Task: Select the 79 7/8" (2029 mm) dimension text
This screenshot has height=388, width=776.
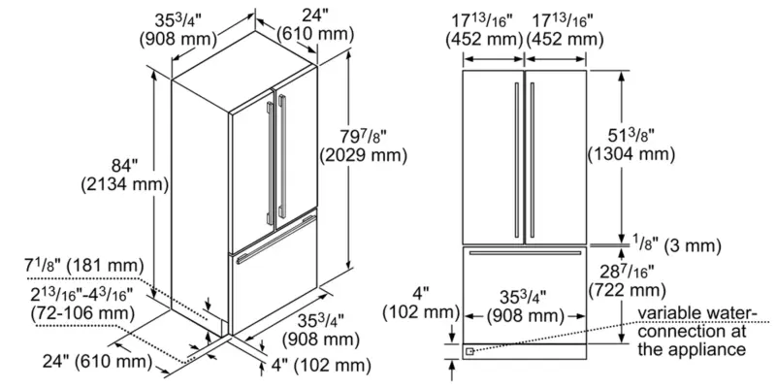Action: click(361, 144)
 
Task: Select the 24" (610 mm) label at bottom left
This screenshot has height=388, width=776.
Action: click(86, 363)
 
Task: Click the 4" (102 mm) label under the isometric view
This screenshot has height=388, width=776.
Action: click(319, 365)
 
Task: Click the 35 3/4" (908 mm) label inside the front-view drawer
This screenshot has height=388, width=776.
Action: click(525, 307)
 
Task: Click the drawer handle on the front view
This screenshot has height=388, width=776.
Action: click(525, 252)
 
